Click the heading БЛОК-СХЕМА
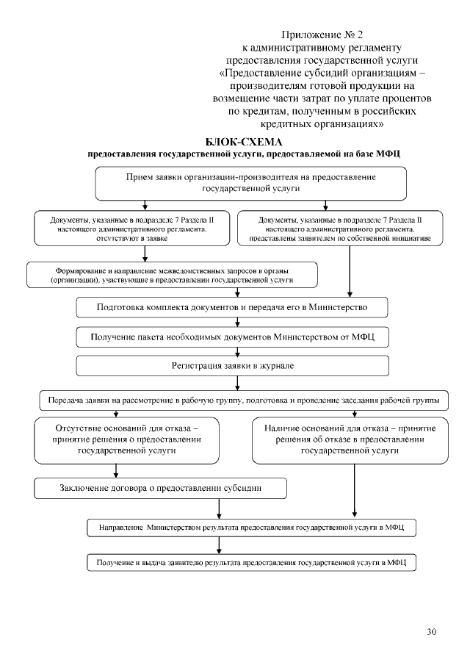245,141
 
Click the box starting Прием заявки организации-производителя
250,183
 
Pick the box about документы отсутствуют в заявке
129,229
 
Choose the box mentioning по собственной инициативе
340,229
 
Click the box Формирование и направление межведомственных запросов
172,275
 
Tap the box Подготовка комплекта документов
232,306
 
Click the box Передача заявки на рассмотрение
244,400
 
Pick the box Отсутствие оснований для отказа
127,439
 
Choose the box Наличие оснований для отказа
349,439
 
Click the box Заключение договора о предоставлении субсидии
160,487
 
